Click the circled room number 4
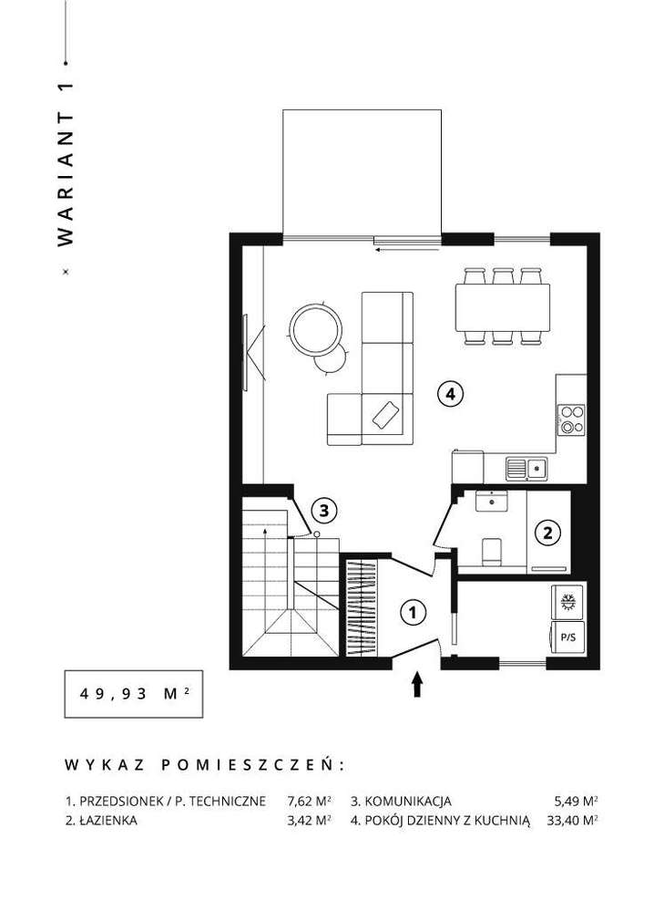tap(450, 394)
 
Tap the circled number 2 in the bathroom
tap(547, 533)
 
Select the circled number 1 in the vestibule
tap(414, 613)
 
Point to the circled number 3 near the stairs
tap(325, 510)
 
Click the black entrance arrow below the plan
tap(418, 685)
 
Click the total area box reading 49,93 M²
tap(133, 693)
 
